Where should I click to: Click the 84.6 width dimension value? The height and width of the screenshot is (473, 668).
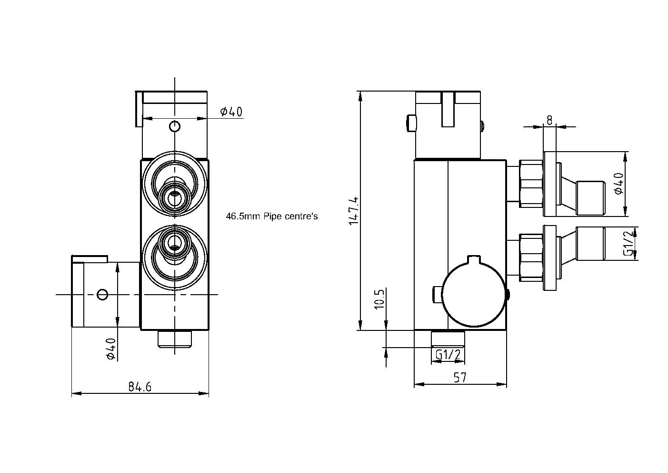(140, 387)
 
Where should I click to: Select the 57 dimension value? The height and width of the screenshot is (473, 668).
(459, 378)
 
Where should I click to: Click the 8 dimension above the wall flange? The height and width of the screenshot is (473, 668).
(549, 120)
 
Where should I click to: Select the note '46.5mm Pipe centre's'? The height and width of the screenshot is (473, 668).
(271, 216)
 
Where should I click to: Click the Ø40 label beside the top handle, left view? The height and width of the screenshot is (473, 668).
(231, 112)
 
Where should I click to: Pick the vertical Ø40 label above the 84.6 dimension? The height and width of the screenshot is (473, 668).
(110, 349)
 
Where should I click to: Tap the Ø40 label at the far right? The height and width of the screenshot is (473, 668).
(618, 183)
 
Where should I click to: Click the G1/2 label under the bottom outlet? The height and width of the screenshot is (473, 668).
(448, 355)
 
